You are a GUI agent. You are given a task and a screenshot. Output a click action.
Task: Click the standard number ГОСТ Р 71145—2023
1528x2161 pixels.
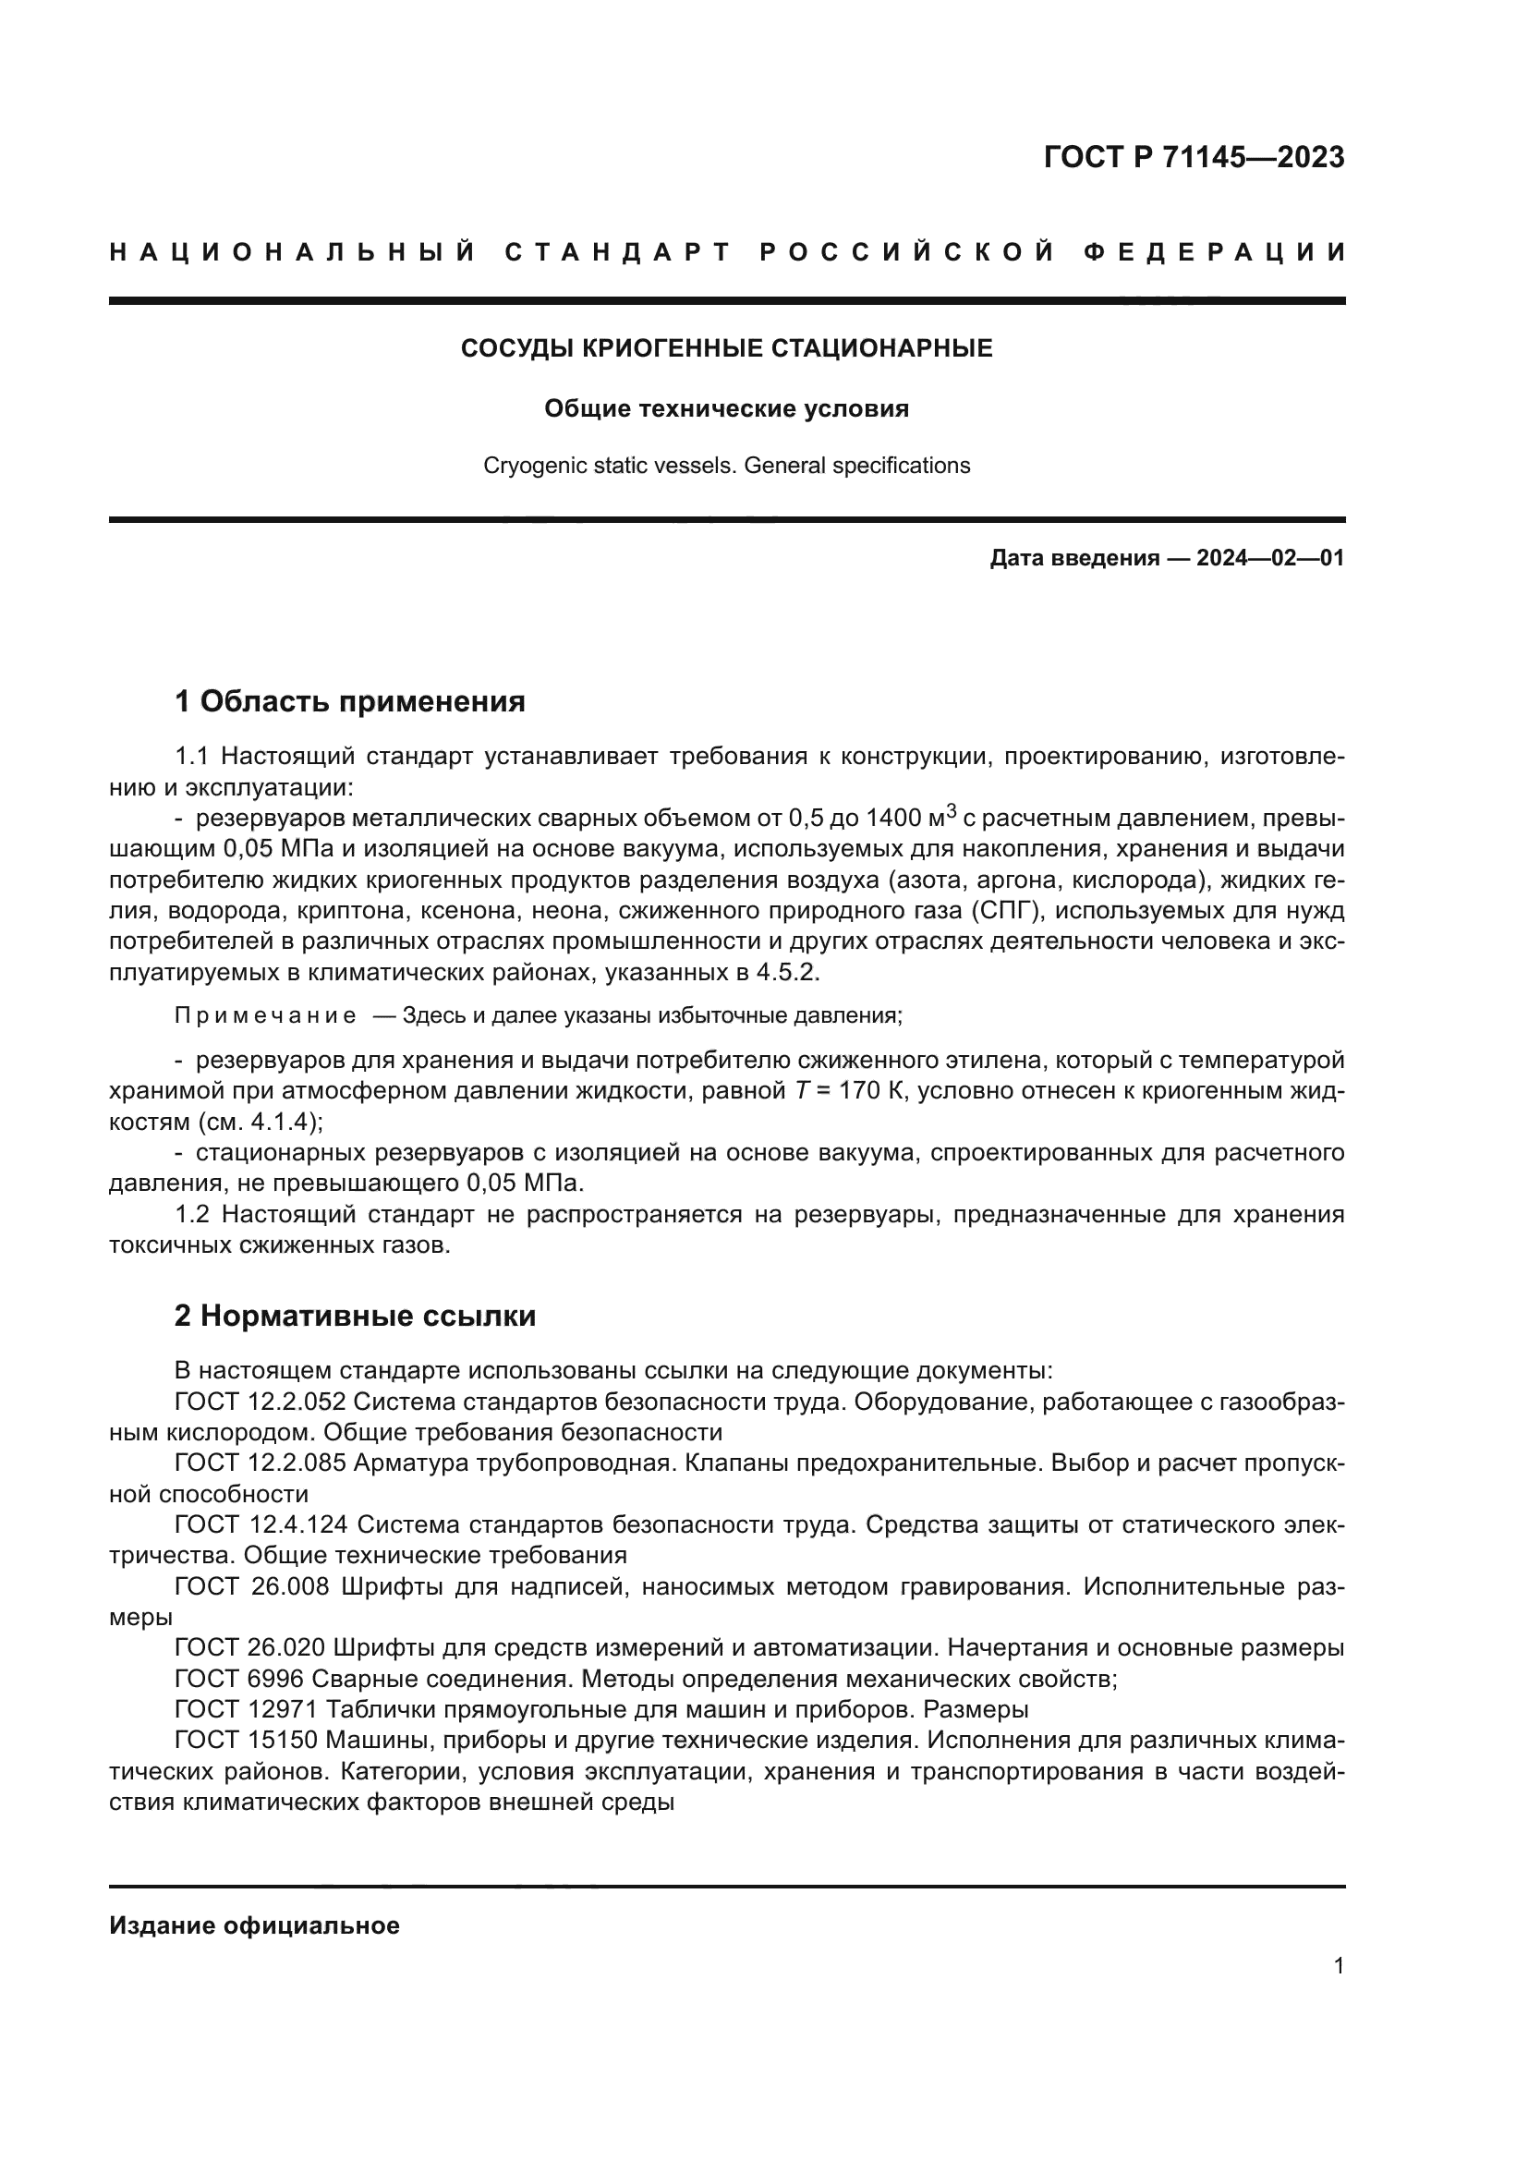pos(1193,157)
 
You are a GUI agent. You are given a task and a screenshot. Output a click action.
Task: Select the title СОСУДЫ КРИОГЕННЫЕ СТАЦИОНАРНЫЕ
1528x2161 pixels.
pos(726,349)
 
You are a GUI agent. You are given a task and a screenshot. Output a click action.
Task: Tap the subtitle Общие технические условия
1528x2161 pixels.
pos(726,408)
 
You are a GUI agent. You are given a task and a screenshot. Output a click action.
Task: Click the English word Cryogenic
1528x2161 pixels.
pos(528,466)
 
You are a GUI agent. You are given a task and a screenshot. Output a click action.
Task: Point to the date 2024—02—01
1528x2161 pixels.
pos(1269,558)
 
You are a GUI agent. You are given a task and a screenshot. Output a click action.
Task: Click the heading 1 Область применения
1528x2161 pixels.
pos(349,701)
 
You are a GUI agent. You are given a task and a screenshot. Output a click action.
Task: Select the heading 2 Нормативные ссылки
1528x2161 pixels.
pos(355,1316)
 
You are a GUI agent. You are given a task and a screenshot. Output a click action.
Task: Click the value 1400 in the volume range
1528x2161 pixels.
pos(893,818)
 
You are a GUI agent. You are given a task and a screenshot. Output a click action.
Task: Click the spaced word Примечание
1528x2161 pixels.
pos(265,1015)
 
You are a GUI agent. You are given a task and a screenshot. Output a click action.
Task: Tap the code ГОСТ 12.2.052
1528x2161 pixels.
pos(260,1402)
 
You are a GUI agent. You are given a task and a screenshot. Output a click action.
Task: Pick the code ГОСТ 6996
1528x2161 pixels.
pos(238,1678)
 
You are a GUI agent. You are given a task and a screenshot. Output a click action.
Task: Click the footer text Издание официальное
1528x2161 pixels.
pos(254,1926)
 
